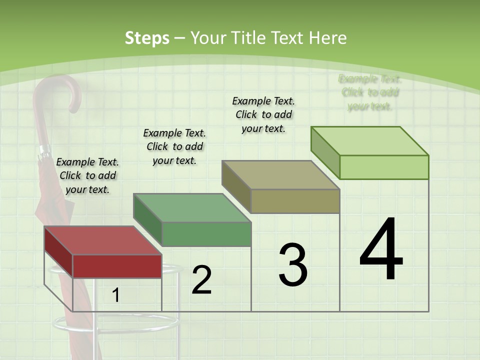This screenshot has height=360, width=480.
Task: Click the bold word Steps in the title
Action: [147, 38]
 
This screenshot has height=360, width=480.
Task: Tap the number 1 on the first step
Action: [116, 295]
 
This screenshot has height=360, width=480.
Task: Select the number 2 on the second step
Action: [201, 280]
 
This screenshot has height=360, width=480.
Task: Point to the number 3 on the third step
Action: [293, 265]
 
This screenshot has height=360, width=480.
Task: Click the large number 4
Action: [381, 250]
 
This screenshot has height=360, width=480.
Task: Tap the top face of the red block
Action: [103, 240]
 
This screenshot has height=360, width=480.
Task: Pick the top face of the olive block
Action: [281, 175]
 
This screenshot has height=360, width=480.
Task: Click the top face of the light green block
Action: [370, 141]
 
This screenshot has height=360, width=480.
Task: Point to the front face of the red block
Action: [117, 266]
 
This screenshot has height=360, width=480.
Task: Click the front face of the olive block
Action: [295, 201]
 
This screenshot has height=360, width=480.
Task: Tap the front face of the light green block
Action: [384, 167]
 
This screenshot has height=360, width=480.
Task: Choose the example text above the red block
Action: [87, 175]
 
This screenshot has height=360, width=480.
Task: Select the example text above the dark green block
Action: [174, 146]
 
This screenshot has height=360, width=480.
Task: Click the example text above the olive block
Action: [263, 114]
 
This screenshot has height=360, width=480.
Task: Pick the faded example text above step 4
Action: [370, 92]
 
